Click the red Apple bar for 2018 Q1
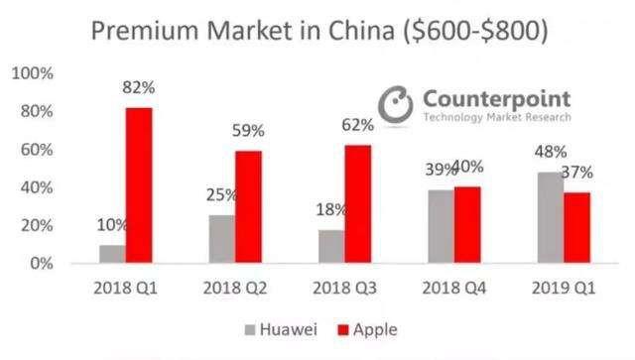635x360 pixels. pos(139,185)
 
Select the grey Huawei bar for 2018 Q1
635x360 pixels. pos(112,254)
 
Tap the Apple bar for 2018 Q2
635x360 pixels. pos(248,207)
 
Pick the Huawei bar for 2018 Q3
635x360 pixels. pos(330,246)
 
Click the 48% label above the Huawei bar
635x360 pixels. pos(549,153)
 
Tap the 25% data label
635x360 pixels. pos(221,196)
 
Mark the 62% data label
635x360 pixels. pos(357,126)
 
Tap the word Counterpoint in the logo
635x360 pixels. pos(496,97)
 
